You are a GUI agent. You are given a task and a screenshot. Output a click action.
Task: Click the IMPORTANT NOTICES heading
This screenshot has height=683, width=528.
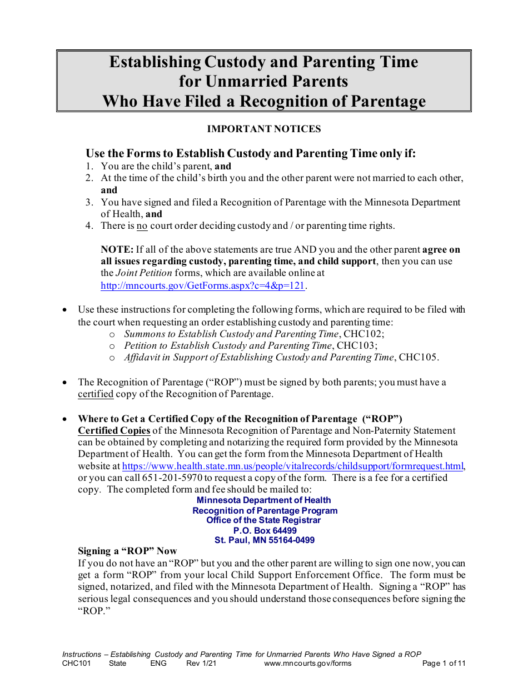264,129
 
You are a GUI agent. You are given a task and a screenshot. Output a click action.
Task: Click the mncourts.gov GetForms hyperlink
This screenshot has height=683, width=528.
203,285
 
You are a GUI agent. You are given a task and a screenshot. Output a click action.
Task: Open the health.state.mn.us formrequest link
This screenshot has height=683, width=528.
292,466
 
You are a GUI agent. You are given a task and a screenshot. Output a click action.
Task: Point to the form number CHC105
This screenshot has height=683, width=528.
419,358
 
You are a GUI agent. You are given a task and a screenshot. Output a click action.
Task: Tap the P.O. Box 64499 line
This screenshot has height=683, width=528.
265,530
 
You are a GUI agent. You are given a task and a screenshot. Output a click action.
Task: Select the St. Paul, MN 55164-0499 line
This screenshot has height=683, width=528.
265,540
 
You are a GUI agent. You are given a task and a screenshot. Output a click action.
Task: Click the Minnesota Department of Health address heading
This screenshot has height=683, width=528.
264,500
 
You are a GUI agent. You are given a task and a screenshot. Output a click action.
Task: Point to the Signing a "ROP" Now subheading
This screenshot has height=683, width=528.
127,551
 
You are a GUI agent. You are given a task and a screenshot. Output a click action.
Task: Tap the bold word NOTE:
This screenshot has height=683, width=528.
117,250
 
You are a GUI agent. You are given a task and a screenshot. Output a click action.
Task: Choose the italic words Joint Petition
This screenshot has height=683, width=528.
144,273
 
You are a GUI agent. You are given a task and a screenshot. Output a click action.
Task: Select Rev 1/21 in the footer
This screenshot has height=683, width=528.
201,663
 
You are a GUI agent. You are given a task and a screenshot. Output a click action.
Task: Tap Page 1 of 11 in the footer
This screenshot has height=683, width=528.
444,663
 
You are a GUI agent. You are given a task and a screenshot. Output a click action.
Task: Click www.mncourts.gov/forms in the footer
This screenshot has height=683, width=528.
308,663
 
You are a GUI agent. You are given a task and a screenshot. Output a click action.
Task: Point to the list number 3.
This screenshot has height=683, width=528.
89,203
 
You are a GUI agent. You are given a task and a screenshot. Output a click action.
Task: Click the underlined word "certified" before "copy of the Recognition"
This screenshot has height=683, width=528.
96,394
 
